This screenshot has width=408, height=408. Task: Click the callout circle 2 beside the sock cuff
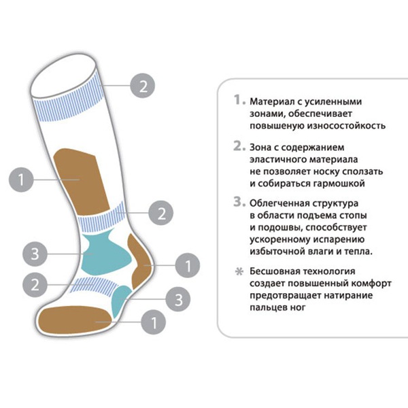point(143,86)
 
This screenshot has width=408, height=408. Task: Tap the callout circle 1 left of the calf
point(21,180)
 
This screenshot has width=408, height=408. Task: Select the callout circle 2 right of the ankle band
point(160,213)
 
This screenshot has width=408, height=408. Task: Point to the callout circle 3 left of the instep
point(35,254)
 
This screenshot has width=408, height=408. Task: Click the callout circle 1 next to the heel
point(188,265)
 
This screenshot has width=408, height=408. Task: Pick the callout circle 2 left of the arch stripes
point(35,285)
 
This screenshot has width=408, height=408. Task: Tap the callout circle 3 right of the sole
point(178,299)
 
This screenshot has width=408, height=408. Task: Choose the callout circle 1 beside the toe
point(154,322)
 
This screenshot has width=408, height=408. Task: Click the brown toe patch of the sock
point(75,320)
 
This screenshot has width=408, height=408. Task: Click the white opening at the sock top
point(63,77)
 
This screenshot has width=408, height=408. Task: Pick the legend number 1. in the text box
point(239,100)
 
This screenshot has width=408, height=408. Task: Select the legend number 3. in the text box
point(239,202)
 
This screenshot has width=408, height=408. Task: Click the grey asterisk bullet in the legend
point(239,271)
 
